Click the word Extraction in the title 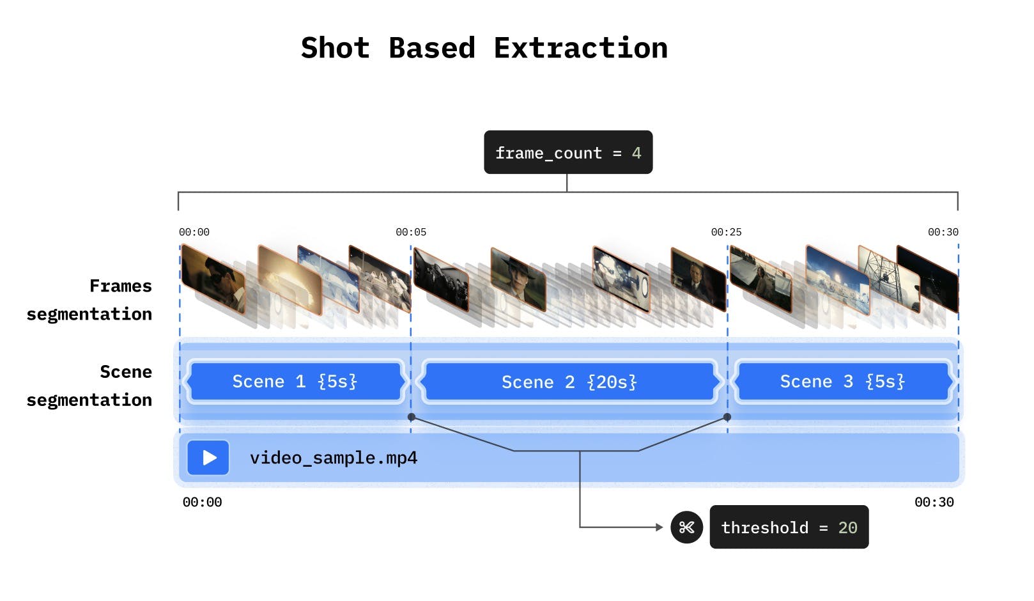(x=580, y=49)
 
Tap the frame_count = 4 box (x=568, y=152)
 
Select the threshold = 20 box (x=789, y=527)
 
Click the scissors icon (x=686, y=527)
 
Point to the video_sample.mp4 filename (x=333, y=458)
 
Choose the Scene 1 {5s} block (x=295, y=382)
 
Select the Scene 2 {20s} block (x=569, y=382)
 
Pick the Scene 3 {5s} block (x=842, y=382)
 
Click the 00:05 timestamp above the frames (x=410, y=232)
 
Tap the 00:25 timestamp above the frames (x=726, y=232)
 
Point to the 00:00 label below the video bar (x=202, y=503)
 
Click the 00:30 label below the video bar (x=934, y=503)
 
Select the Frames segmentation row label (x=89, y=300)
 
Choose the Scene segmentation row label (x=89, y=386)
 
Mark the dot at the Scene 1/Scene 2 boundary (x=412, y=417)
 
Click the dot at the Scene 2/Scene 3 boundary (x=727, y=417)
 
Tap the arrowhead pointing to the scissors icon (x=659, y=527)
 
